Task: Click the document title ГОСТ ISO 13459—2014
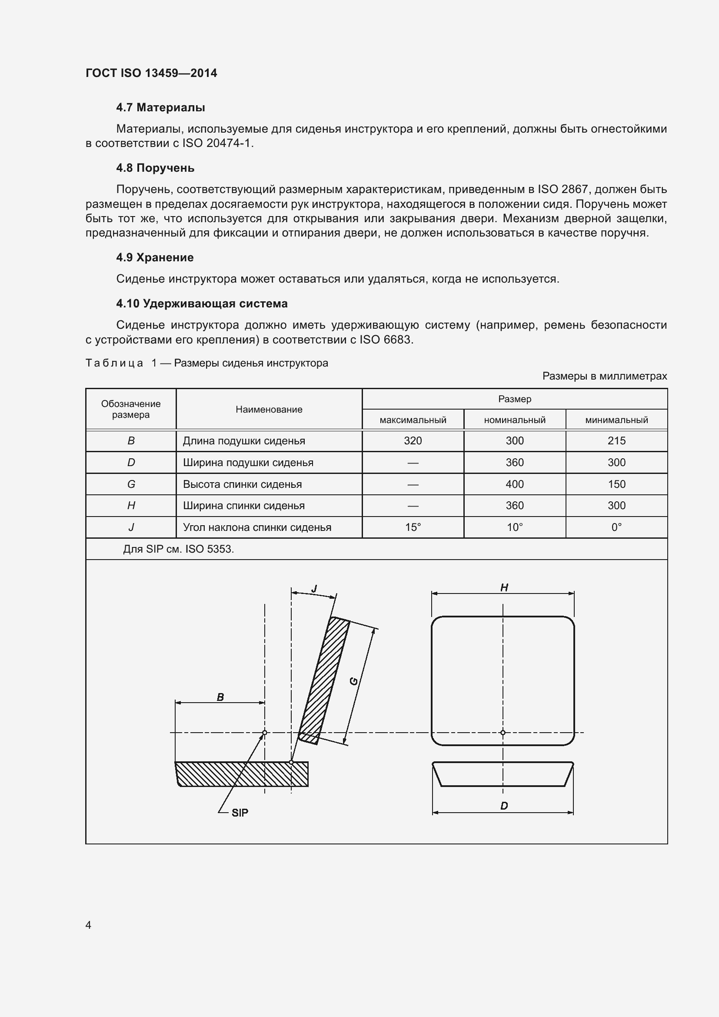point(151,73)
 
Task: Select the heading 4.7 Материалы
point(160,108)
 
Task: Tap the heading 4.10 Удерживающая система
point(201,304)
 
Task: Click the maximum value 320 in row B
point(413,441)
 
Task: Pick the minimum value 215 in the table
point(616,441)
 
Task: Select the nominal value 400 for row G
point(514,484)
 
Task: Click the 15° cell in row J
point(413,527)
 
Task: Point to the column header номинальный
point(514,420)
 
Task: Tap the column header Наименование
point(269,409)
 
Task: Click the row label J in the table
point(131,527)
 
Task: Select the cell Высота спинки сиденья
point(242,484)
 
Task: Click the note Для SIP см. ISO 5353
point(178,549)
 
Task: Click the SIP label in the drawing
point(240,812)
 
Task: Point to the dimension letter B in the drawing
point(220,697)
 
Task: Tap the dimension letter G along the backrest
point(354,681)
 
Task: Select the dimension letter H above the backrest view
point(504,588)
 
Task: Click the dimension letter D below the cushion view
point(504,806)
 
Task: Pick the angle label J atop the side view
point(314,589)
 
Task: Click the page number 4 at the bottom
point(89,925)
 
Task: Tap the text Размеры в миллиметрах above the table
point(604,376)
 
